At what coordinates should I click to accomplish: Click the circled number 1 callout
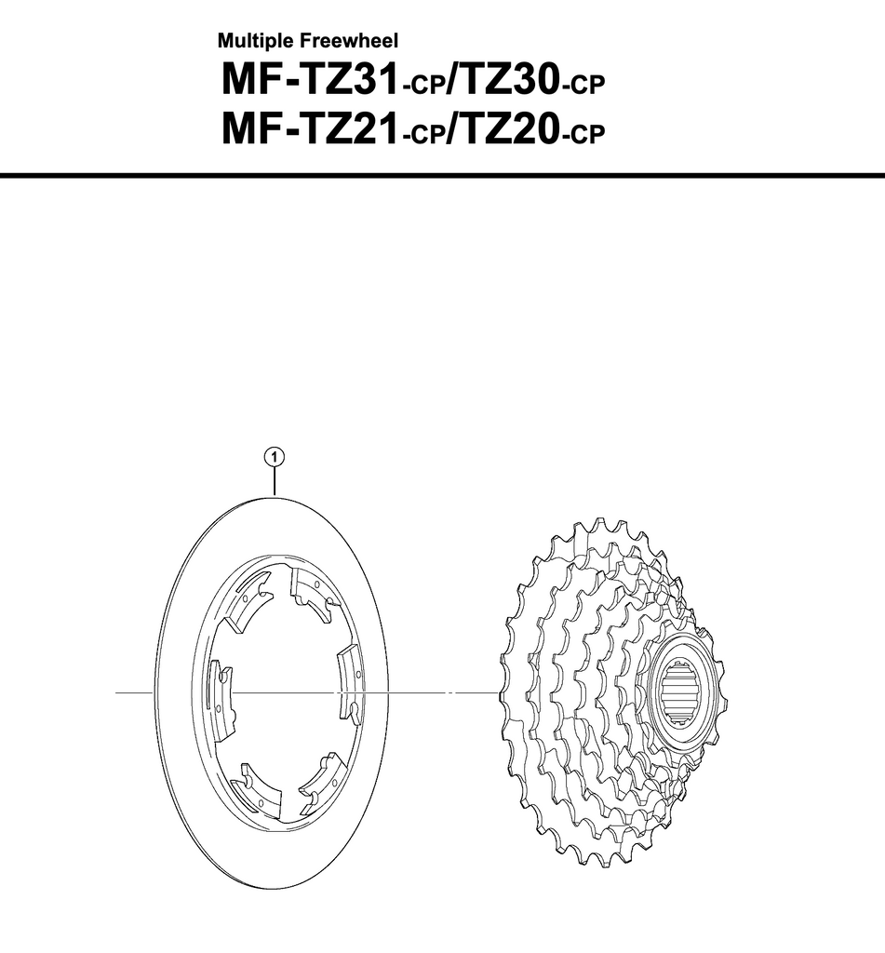click(x=275, y=456)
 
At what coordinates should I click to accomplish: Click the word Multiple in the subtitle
click(x=257, y=41)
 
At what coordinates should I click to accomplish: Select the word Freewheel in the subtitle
click(x=349, y=41)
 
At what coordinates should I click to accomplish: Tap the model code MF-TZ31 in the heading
click(x=310, y=80)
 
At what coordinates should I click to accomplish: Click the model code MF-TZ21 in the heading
click(x=310, y=129)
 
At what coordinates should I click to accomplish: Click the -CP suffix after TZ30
click(x=583, y=86)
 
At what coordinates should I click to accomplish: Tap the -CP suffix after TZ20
click(x=583, y=135)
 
